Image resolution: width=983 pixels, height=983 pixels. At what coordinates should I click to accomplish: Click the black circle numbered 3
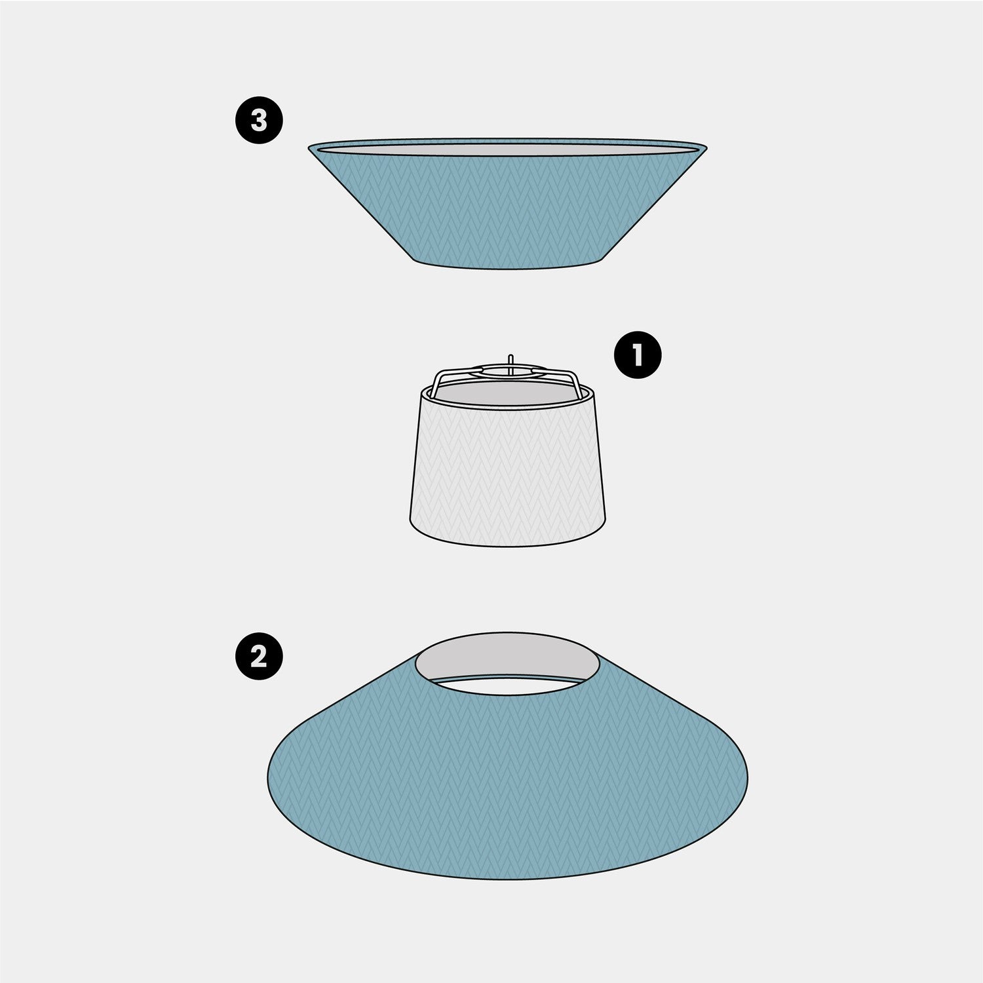click(259, 121)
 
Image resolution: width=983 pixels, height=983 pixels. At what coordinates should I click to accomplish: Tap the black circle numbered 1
click(638, 355)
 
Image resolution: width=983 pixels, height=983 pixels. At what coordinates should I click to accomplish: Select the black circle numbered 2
click(259, 656)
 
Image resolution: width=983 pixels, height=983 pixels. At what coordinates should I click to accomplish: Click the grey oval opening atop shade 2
click(508, 659)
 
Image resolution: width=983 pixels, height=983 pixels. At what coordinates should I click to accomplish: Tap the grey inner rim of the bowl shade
click(508, 149)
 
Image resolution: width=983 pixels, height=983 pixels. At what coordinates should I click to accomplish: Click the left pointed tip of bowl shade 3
click(309, 147)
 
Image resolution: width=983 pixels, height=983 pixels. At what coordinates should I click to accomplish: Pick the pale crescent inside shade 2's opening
click(508, 685)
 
